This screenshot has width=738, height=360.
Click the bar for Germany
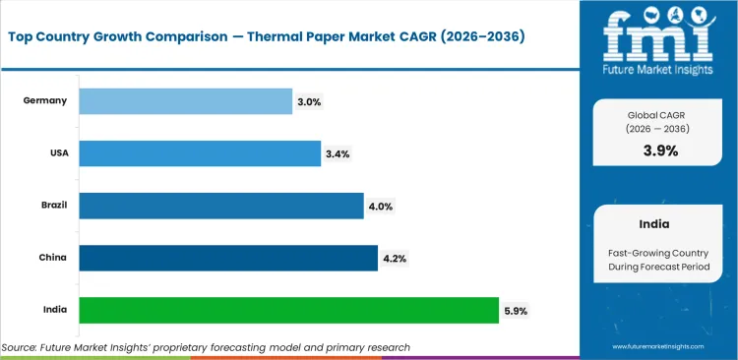[185, 101]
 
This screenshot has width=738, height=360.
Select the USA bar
[200, 153]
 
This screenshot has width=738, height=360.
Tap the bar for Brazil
[221, 206]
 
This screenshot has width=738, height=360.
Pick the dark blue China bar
[228, 258]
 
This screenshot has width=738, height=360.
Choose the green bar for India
[288, 310]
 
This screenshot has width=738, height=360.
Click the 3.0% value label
[308, 101]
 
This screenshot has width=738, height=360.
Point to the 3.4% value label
[338, 153]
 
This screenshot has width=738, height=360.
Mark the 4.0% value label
[381, 206]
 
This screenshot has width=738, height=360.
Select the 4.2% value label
[395, 258]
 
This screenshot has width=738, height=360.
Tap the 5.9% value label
[516, 310]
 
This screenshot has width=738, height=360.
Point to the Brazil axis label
[54, 206]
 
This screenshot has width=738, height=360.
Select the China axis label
[54, 258]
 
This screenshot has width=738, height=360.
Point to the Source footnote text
[206, 347]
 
